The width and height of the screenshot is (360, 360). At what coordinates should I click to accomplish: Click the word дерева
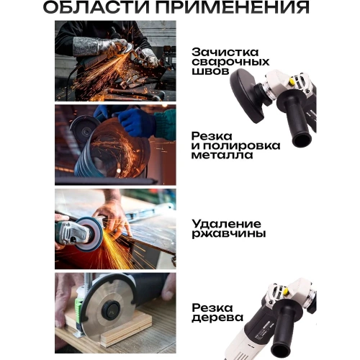coord(218,318)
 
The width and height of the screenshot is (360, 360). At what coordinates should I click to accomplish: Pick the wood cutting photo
coord(115,310)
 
